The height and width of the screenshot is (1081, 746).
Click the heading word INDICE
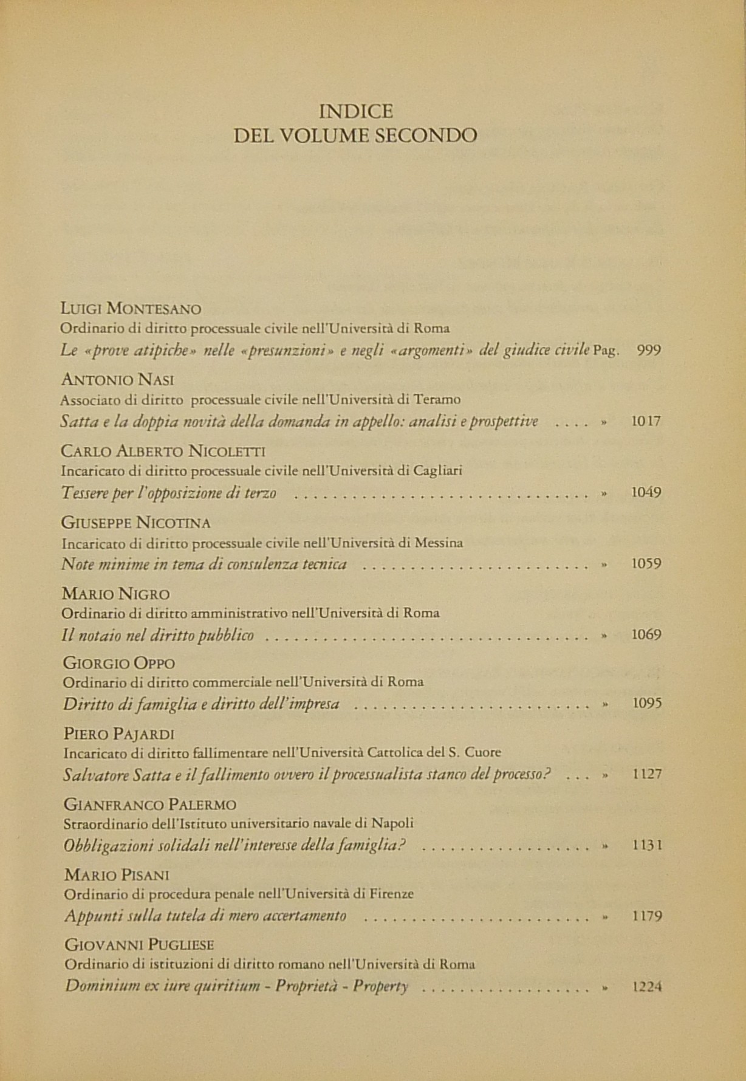[x=356, y=111]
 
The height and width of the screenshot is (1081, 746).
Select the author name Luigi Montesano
[x=131, y=309]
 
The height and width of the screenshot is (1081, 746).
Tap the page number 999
[x=648, y=350]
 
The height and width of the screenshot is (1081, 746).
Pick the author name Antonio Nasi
[x=117, y=380]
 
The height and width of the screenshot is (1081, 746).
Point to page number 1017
[x=646, y=421]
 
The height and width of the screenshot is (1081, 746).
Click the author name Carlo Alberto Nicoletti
[x=163, y=451]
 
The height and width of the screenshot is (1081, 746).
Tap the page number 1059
[x=646, y=564]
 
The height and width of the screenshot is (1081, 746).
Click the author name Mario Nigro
[x=116, y=594]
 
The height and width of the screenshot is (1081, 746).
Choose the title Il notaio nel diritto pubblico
[x=157, y=636]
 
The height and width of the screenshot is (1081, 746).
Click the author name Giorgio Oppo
[x=119, y=663]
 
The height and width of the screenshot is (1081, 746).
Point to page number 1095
[x=647, y=704]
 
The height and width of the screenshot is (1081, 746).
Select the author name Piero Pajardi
[x=119, y=734]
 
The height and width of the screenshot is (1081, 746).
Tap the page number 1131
[x=647, y=845]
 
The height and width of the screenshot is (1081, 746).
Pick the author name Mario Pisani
[x=117, y=875]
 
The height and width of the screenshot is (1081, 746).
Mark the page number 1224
[x=647, y=987]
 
